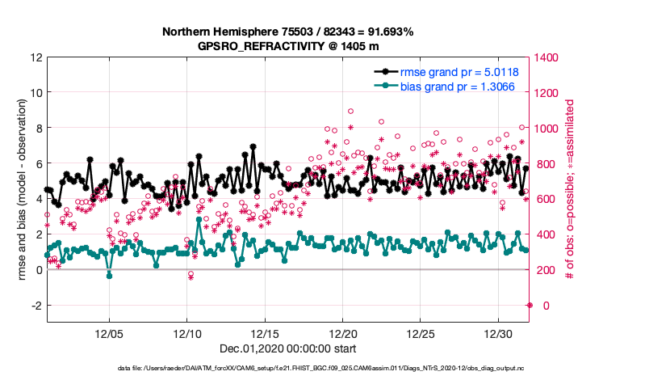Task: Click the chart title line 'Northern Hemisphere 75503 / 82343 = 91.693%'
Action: pyautogui.click(x=288, y=32)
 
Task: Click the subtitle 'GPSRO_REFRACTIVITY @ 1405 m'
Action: pyautogui.click(x=288, y=46)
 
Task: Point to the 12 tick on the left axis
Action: pyautogui.click(x=36, y=57)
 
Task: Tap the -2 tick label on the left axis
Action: pyautogui.click(x=36, y=306)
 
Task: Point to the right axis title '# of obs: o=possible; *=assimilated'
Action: pyautogui.click(x=570, y=190)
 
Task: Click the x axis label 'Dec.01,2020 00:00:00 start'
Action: pyautogui.click(x=288, y=350)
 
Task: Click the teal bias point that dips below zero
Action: pyautogui.click(x=109, y=276)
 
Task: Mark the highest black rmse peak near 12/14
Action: pyautogui.click(x=253, y=147)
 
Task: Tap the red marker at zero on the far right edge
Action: pyautogui.click(x=530, y=305)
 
